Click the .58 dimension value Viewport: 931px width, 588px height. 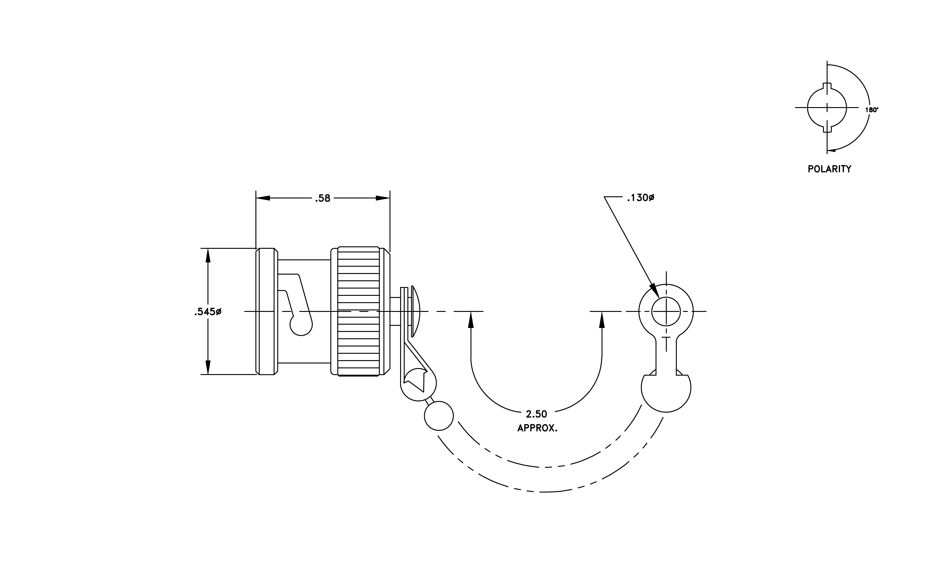click(323, 198)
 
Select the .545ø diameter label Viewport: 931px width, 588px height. click(208, 312)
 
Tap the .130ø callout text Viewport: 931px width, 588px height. click(641, 198)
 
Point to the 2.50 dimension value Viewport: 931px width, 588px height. click(536, 414)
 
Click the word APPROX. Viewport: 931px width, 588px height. click(538, 428)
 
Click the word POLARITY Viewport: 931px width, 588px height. click(829, 169)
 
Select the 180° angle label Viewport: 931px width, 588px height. click(872, 110)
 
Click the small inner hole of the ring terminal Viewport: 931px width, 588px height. click(666, 311)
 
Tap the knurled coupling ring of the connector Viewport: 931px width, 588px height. click(358, 311)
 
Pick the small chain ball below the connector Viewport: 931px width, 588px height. click(439, 416)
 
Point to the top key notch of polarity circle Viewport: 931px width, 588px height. click(827, 86)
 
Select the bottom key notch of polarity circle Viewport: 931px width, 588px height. click(827, 129)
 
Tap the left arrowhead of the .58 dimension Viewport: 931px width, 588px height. click(263, 198)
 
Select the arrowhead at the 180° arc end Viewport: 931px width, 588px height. click(831, 150)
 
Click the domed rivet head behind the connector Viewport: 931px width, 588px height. click(415, 311)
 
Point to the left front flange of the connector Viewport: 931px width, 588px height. click(267, 311)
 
